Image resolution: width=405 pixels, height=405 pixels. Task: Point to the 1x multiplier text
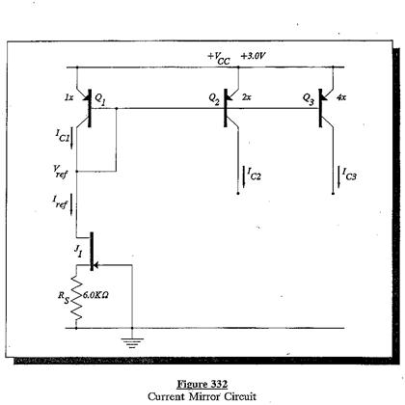point(67,97)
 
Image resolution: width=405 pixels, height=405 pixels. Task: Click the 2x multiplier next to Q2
point(246,97)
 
